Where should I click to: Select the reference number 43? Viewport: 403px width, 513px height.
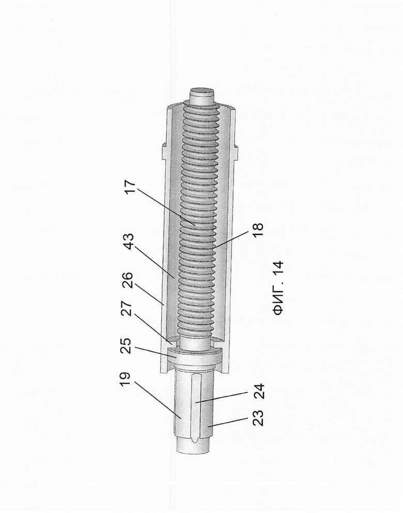(x=130, y=242)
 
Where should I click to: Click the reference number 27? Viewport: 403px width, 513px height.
(x=128, y=309)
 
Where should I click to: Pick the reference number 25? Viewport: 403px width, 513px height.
(x=126, y=346)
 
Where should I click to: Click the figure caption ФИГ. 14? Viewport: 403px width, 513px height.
(x=279, y=288)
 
